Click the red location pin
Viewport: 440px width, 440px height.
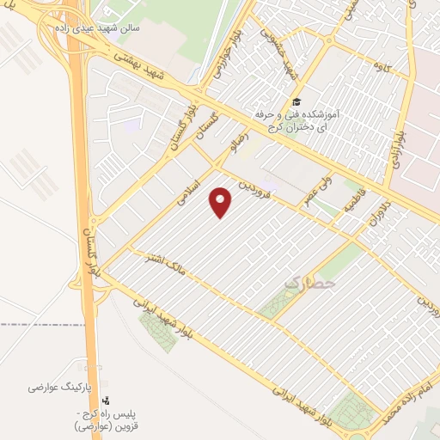[x=222, y=202]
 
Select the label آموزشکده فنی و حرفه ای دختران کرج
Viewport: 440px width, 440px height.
[x=296, y=120]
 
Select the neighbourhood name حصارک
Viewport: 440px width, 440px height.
[x=312, y=281]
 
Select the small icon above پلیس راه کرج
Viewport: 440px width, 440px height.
[x=106, y=400]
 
